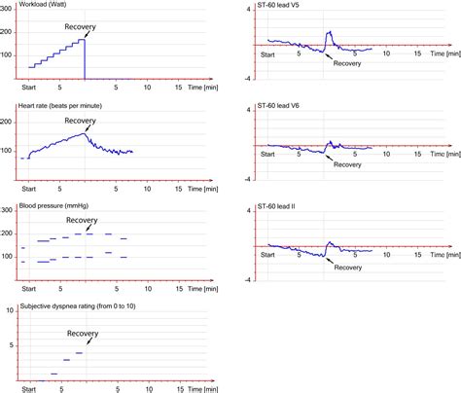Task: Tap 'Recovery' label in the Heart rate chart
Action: [x=81, y=121]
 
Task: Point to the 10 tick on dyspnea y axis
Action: [x=9, y=310]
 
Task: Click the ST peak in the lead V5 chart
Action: [x=328, y=32]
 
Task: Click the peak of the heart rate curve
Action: [x=84, y=134]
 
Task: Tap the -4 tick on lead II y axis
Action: [x=250, y=279]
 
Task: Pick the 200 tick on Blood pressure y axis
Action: [x=9, y=233]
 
